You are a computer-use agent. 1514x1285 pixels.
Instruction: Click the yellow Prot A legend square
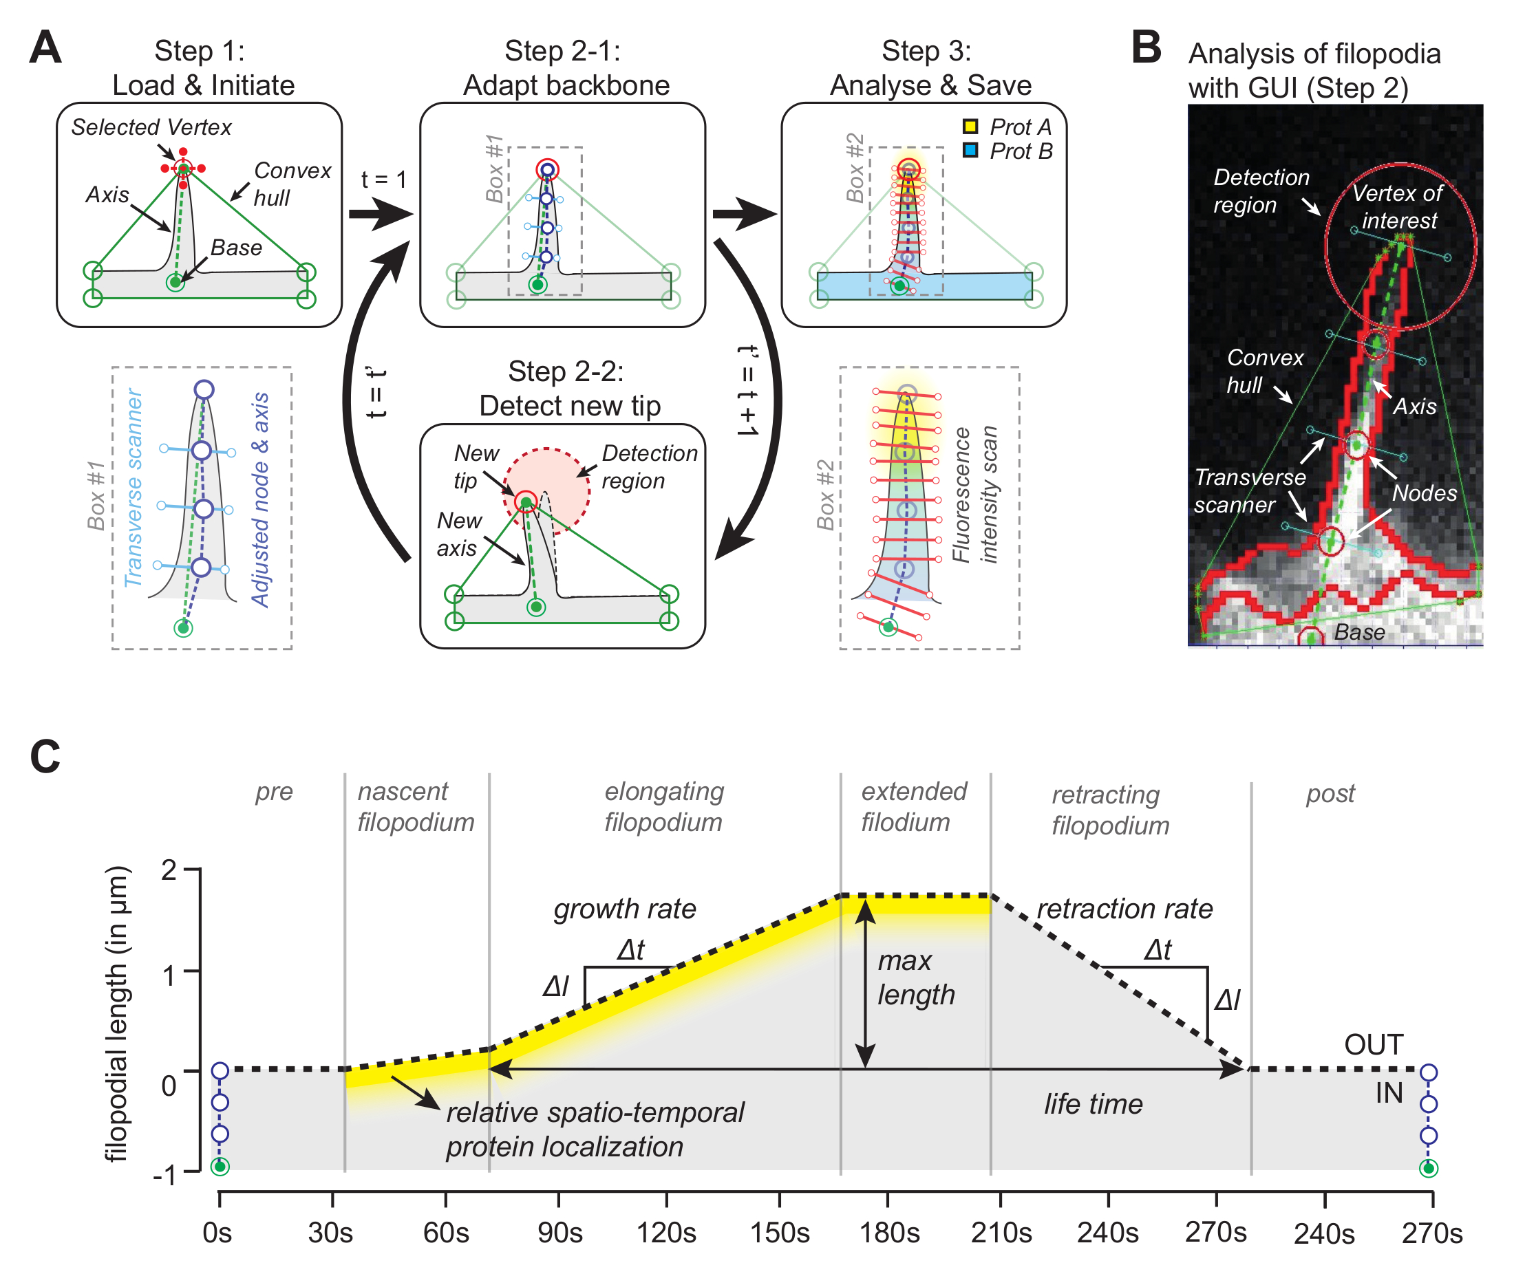(x=970, y=127)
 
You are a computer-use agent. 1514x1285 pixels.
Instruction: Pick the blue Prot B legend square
(x=970, y=151)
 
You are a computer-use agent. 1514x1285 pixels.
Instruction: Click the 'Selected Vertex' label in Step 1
(x=151, y=127)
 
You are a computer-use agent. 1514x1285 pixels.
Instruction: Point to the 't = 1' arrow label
(x=383, y=180)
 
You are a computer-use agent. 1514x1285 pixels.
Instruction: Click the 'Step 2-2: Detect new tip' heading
(x=568, y=388)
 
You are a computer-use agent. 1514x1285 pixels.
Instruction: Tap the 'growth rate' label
(x=624, y=909)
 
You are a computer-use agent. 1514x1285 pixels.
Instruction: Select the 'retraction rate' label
(x=1124, y=909)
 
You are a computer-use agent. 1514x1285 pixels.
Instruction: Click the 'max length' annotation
(x=915, y=978)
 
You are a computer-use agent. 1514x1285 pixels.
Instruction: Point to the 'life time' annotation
(x=1093, y=1104)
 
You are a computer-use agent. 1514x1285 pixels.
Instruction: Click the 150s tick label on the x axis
(x=780, y=1233)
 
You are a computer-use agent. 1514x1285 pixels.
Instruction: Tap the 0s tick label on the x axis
(x=217, y=1233)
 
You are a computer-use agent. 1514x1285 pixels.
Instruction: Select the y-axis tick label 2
(x=169, y=870)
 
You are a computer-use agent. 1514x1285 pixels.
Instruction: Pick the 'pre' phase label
(x=274, y=792)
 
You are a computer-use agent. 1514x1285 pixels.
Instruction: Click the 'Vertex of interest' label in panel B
(x=1398, y=207)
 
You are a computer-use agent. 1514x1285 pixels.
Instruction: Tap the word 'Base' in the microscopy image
(x=1358, y=632)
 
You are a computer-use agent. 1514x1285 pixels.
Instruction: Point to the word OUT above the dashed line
(x=1374, y=1045)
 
